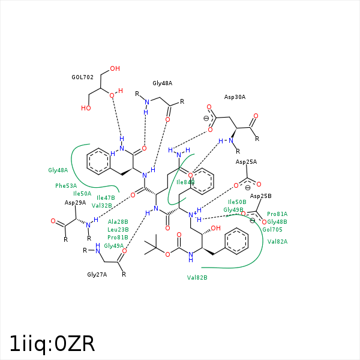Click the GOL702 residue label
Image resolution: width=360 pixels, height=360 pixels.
point(82,77)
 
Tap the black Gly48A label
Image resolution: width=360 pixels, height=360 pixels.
point(162,83)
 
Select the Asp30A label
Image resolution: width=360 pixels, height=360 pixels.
point(235,97)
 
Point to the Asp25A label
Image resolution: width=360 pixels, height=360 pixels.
point(246,162)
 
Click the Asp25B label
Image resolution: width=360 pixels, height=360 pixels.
point(260,196)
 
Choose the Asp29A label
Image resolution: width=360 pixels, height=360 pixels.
point(75,203)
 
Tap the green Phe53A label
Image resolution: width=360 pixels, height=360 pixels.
point(66,186)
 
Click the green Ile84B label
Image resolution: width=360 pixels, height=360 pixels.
point(185,182)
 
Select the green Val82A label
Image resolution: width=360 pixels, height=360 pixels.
point(277,241)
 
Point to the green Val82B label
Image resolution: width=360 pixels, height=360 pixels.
point(197,277)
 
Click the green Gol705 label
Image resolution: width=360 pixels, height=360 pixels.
point(272,229)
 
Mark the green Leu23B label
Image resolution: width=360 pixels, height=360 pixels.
point(118,230)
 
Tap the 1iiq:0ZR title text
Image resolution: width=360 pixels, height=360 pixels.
point(52,344)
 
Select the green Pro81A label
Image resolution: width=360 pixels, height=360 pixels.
point(277,214)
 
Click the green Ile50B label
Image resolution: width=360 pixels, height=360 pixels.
point(237,202)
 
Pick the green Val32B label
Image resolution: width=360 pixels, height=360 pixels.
point(102,205)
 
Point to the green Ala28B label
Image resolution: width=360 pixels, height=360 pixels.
point(118,222)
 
